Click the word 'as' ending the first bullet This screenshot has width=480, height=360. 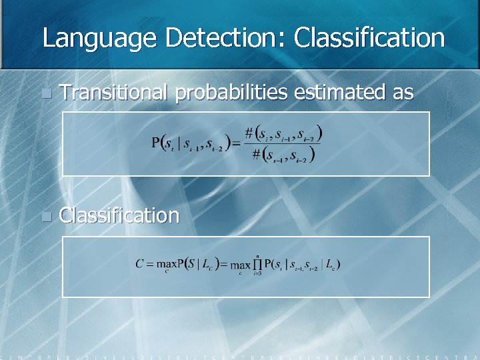pyautogui.click(x=403, y=93)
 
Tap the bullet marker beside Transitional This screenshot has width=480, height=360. pyautogui.click(x=45, y=94)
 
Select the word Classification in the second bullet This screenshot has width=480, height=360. pyautogui.click(x=119, y=215)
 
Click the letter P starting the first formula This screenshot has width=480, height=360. pyautogui.click(x=156, y=143)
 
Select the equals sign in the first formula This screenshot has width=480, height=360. pyautogui.click(x=237, y=143)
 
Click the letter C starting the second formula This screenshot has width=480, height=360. pyautogui.click(x=140, y=264)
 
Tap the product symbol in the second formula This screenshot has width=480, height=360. pyautogui.click(x=256, y=265)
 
